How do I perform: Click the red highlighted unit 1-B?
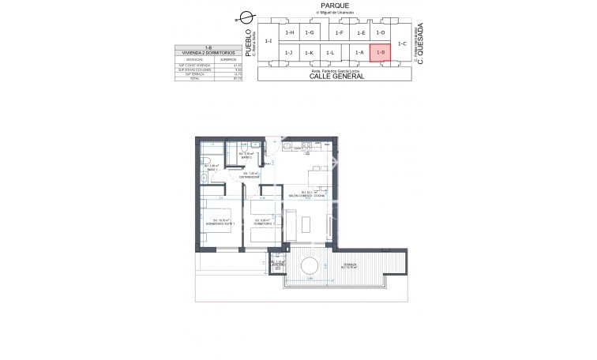381,53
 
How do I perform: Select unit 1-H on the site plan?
290,32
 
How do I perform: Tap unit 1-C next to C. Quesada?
402,43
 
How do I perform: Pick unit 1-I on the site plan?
268,41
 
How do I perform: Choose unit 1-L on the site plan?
330,53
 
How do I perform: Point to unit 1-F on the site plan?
339,32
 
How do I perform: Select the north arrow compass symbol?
247,17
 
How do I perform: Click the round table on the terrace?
310,264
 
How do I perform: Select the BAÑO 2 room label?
246,157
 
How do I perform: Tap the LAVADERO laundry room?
276,264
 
